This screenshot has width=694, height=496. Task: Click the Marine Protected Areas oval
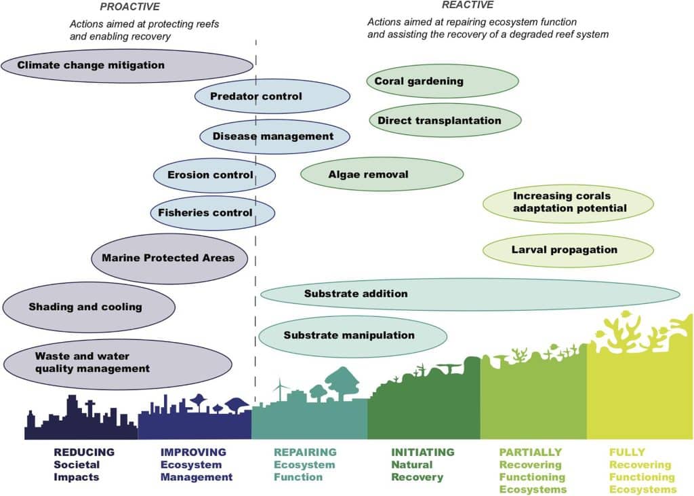(168, 258)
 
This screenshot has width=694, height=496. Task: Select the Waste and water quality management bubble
(92, 362)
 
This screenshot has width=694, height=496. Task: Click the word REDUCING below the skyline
(84, 453)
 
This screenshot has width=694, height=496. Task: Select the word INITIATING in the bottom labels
(423, 453)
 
